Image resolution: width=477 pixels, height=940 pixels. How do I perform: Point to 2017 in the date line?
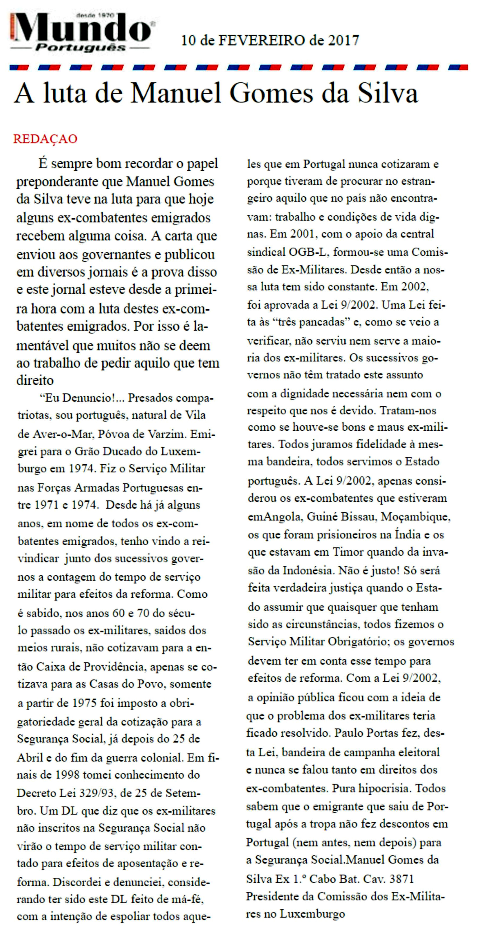coord(344,40)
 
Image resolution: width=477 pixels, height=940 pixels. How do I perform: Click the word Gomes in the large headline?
coord(271,94)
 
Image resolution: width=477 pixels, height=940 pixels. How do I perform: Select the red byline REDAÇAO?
coord(45,139)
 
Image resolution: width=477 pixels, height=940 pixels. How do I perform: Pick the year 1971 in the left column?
coord(47,505)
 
